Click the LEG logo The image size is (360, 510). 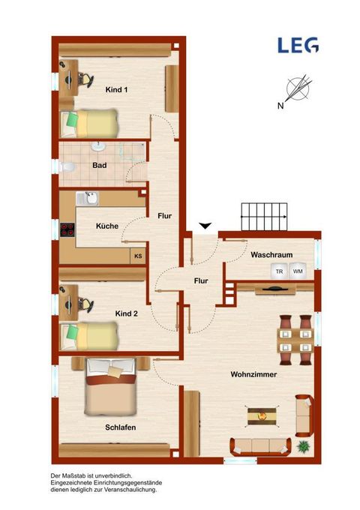coord(298,45)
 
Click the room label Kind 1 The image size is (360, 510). coord(116,90)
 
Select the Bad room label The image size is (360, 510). coord(100,165)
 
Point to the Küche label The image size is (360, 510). coord(107,226)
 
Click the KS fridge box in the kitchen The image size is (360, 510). coord(138,256)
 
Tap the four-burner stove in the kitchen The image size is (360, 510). coord(67,229)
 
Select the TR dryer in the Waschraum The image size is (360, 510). coord(279,271)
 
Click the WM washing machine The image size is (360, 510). coord(298,271)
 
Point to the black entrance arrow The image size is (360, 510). coord(205,226)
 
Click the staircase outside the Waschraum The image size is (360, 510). coord(264,217)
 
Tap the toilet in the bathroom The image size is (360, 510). coord(67,166)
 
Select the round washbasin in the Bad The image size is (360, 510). coord(98,147)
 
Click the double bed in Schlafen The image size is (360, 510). coord(110,387)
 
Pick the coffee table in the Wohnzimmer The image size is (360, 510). coord(262,416)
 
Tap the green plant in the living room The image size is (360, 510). coord(303,446)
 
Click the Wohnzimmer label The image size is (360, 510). coord(253,374)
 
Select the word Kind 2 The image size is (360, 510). coord(126,313)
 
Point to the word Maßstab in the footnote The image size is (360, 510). coord(76,475)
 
